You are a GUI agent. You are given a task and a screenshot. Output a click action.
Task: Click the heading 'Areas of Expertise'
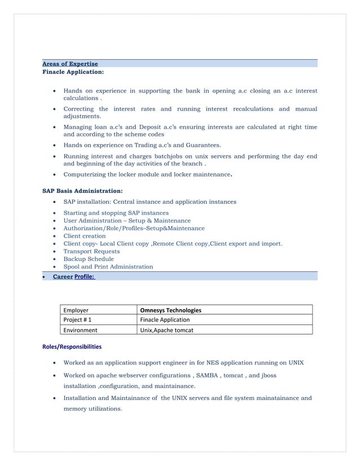click(70, 64)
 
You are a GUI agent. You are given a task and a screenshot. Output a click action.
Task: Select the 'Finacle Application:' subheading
click(73, 72)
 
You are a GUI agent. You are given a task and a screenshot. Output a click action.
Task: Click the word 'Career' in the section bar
click(62, 276)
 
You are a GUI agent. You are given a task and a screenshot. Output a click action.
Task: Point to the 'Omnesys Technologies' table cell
click(170, 310)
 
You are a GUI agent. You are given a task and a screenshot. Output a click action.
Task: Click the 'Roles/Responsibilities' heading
click(72, 346)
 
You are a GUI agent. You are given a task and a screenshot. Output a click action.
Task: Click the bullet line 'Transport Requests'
click(91, 251)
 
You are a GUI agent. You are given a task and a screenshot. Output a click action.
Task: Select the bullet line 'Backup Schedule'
click(89, 259)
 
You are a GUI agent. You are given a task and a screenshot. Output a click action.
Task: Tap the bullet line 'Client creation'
click(84, 236)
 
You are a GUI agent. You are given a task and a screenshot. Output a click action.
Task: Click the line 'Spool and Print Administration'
click(108, 267)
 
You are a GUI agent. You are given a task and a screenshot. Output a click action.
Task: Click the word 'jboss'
click(267, 375)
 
